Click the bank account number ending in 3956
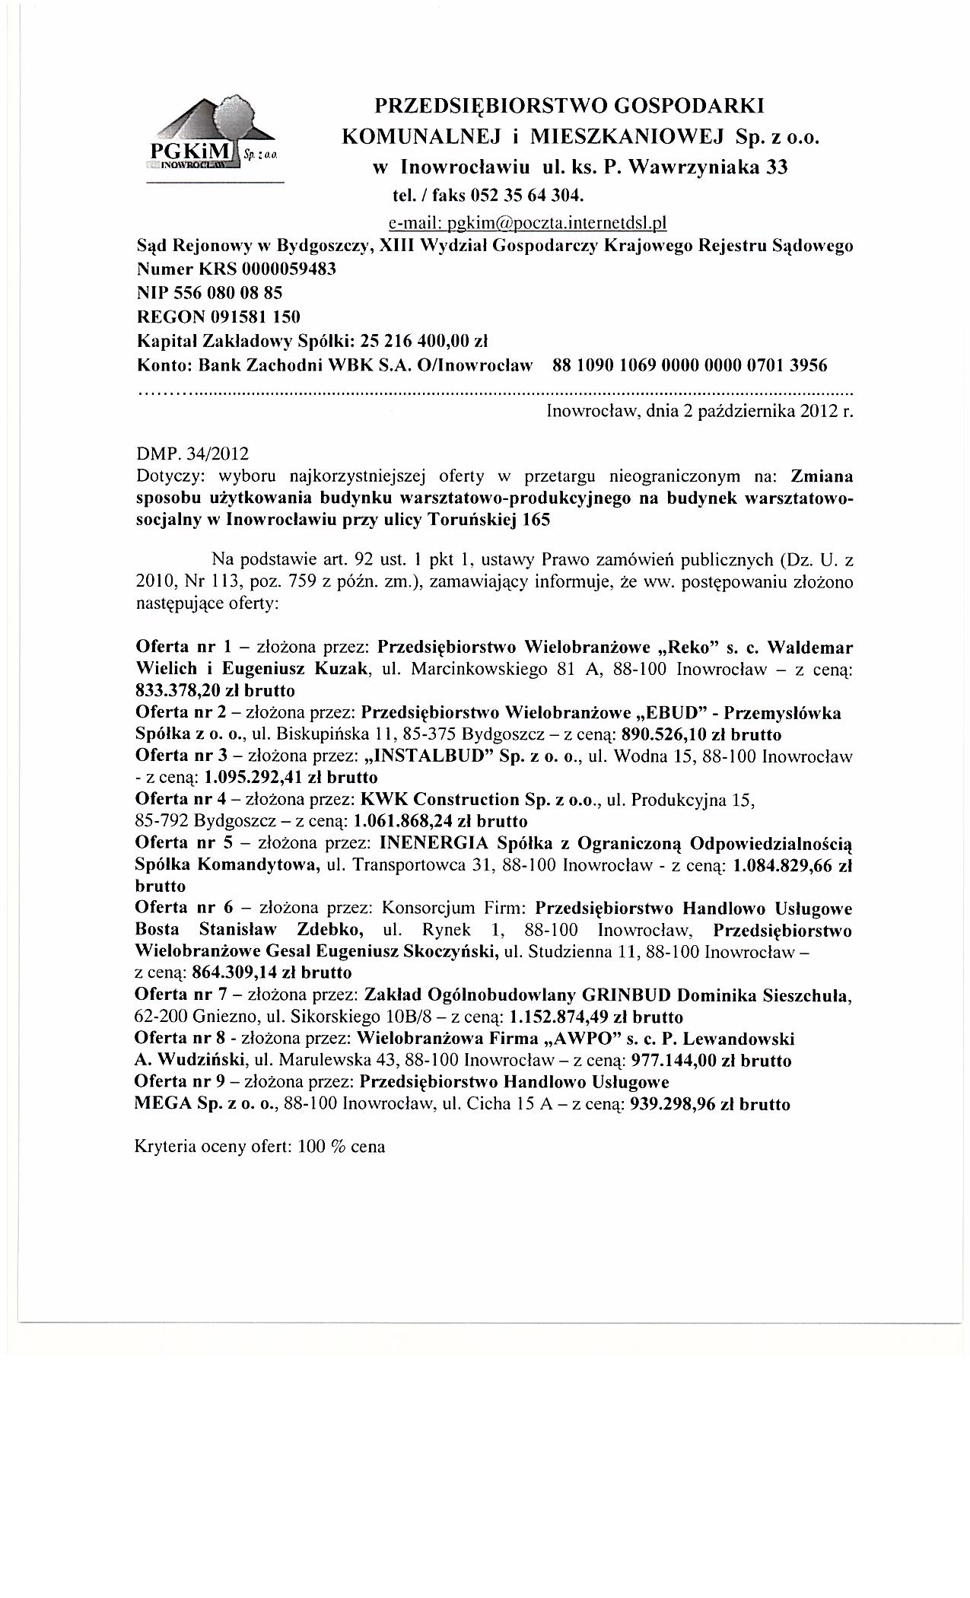(689, 365)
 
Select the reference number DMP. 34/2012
(192, 454)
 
